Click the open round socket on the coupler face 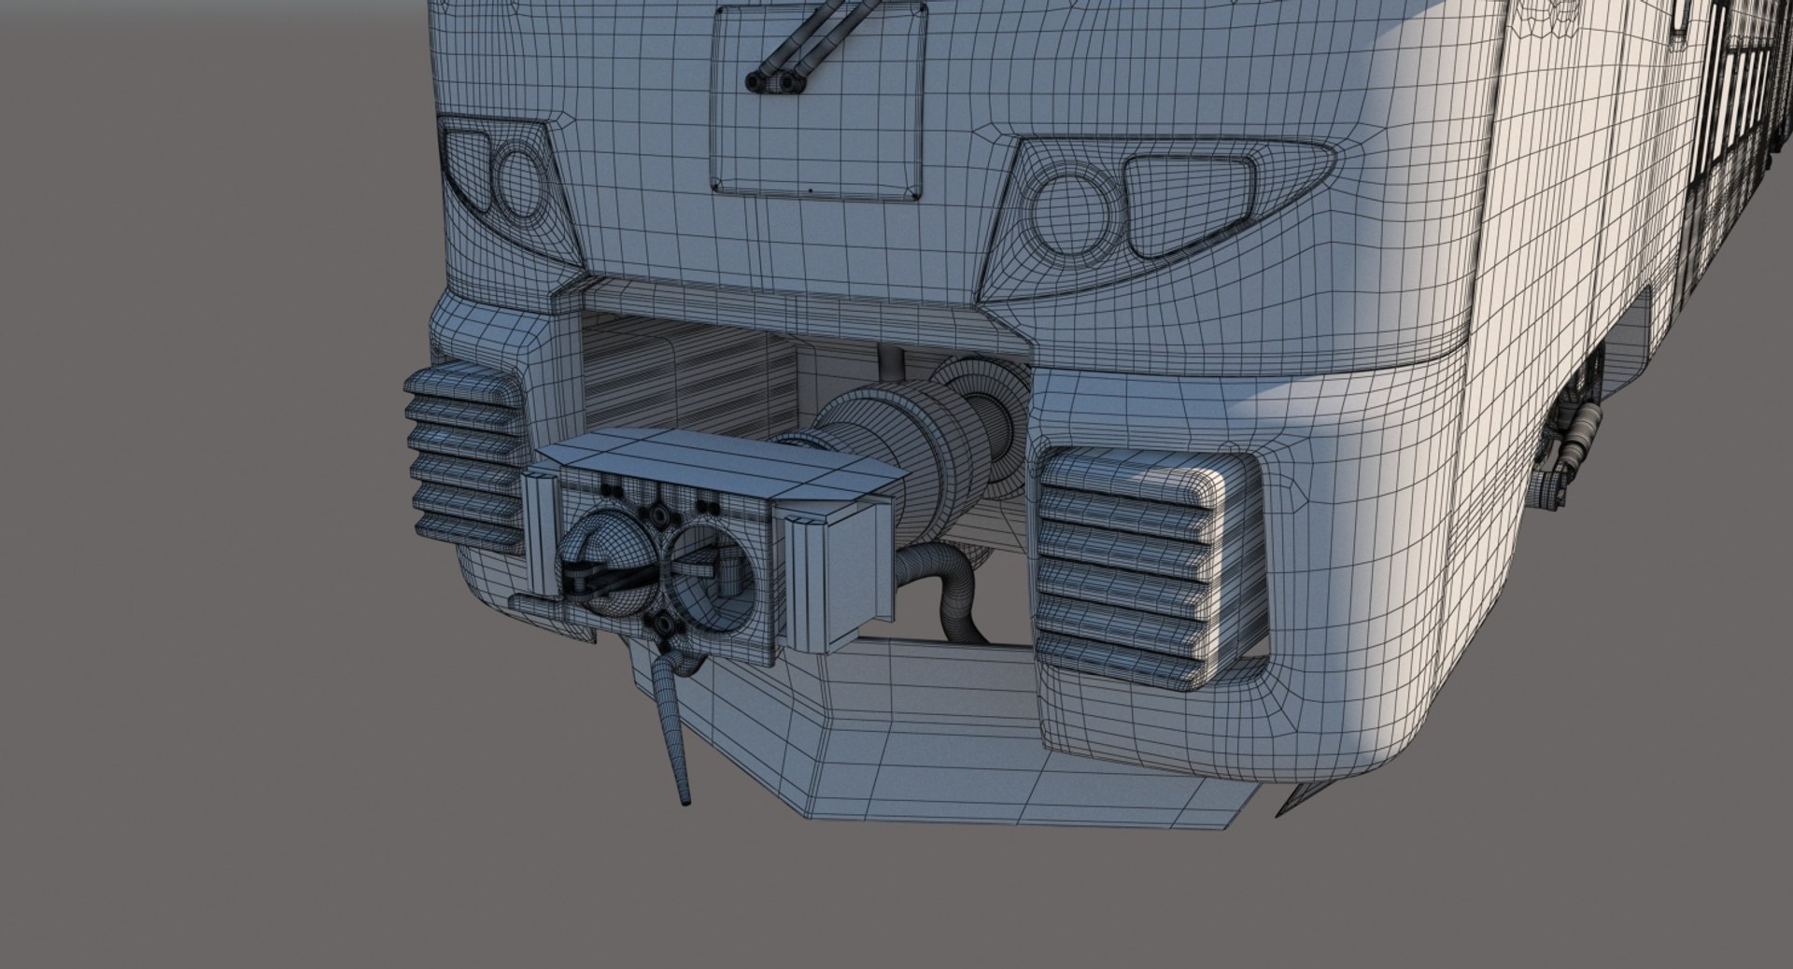(710, 571)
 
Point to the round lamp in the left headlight (519, 182)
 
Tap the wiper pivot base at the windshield (775, 82)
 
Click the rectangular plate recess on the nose (818, 103)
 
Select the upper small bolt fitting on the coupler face (660, 516)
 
